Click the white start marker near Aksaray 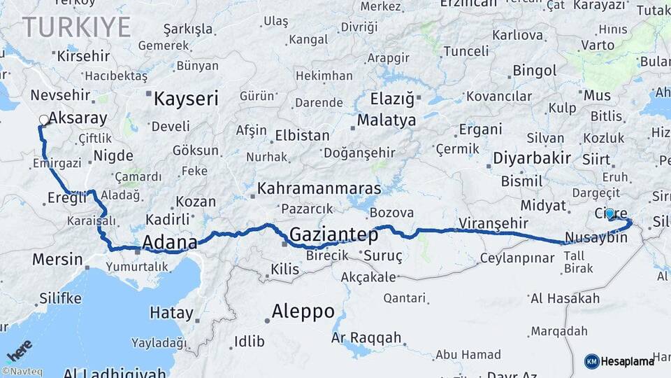[x=44, y=120]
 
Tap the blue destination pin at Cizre [x=610, y=213]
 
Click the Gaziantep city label [x=333, y=234]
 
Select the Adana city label [x=169, y=242]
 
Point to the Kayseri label [x=186, y=98]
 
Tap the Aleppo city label [x=303, y=311]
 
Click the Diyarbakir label [x=532, y=157]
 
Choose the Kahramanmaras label [x=319, y=188]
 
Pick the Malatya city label [x=387, y=120]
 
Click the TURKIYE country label [x=76, y=27]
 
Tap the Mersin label [x=57, y=260]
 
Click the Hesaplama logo [x=619, y=361]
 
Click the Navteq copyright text [x=20, y=372]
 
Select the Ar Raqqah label [x=366, y=338]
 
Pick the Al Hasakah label [x=565, y=299]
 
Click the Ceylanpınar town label [x=517, y=258]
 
